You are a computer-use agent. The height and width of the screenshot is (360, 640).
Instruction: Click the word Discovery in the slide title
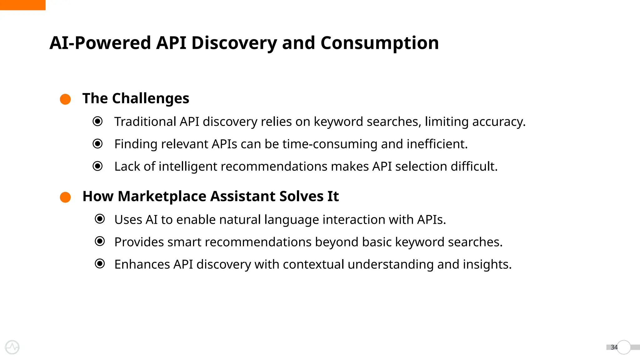tap(234, 43)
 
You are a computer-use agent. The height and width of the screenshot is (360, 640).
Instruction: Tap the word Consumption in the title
tap(379, 43)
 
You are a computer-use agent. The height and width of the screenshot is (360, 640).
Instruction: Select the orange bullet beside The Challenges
tap(65, 99)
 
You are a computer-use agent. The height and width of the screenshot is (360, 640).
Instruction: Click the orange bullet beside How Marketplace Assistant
tap(65, 197)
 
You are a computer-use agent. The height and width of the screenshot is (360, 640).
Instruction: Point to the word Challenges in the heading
tap(151, 98)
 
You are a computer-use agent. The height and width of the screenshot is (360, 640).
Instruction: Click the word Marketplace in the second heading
tap(162, 197)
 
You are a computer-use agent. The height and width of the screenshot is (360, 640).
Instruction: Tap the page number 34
tap(614, 347)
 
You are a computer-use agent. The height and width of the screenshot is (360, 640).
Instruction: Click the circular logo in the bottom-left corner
tap(12, 347)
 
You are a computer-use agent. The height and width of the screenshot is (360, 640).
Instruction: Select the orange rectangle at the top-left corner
tap(22, 5)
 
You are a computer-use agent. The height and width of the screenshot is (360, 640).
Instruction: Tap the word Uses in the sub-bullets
tap(128, 220)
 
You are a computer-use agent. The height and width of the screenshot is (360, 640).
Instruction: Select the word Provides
tap(139, 242)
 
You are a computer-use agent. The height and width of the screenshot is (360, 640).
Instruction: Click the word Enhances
tap(142, 264)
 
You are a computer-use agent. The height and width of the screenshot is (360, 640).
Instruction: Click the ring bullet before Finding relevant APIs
tap(97, 144)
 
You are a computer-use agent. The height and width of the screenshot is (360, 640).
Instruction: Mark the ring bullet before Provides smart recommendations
tap(100, 241)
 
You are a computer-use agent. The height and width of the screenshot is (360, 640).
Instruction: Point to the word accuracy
tap(499, 122)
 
